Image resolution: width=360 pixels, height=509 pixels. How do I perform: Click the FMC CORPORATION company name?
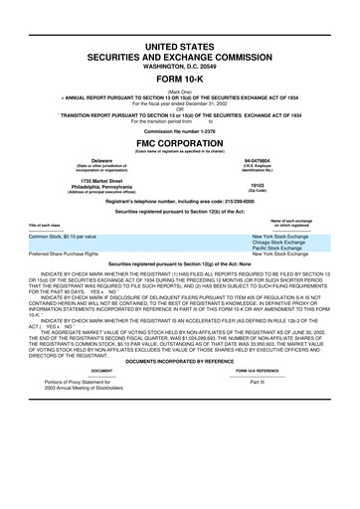coord(180,141)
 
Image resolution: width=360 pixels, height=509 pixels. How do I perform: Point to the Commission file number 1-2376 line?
coord(180,129)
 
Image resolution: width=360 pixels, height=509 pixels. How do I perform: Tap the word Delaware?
coord(101,160)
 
